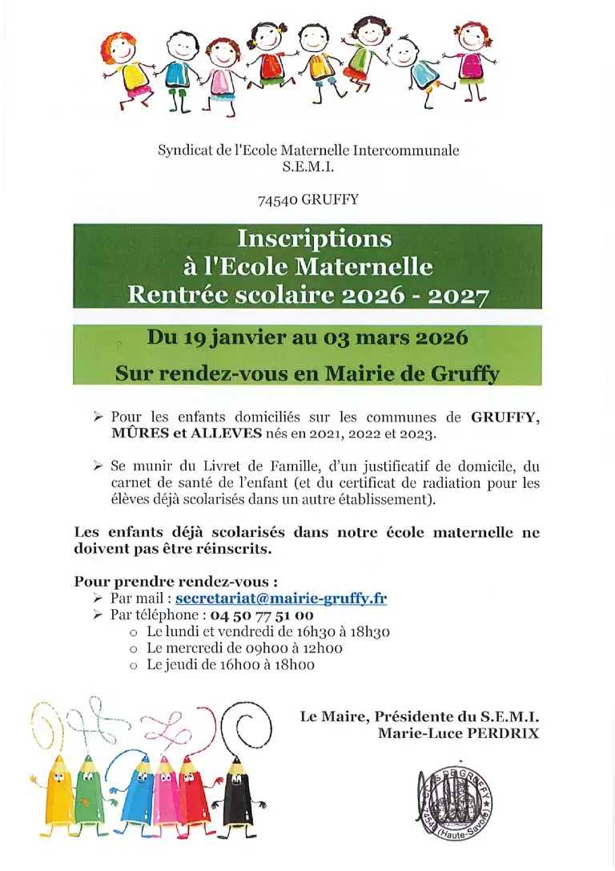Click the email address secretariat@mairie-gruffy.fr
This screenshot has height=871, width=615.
pos(281,599)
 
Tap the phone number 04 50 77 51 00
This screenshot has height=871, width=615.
pos(261,615)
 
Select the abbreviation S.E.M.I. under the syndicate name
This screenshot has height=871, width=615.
pos(307,167)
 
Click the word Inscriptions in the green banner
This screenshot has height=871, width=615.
pos(314,239)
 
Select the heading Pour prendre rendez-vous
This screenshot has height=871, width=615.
pos(176,581)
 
